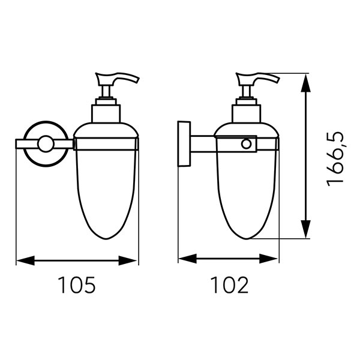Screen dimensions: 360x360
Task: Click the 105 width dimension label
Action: click(76, 284)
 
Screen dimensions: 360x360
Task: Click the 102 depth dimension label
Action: click(229, 284)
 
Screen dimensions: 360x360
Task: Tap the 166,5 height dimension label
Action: click(335, 159)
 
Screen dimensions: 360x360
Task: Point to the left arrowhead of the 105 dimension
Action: click(25, 260)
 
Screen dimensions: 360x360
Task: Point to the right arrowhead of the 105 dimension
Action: click(128, 260)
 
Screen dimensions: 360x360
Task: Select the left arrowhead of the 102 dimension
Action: click(188, 259)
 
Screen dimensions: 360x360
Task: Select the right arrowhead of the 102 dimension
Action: click(268, 259)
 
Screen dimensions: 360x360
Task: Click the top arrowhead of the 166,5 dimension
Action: click(305, 83)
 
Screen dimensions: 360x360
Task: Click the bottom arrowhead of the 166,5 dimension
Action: click(305, 229)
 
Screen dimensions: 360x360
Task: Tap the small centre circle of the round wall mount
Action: click(46, 144)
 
